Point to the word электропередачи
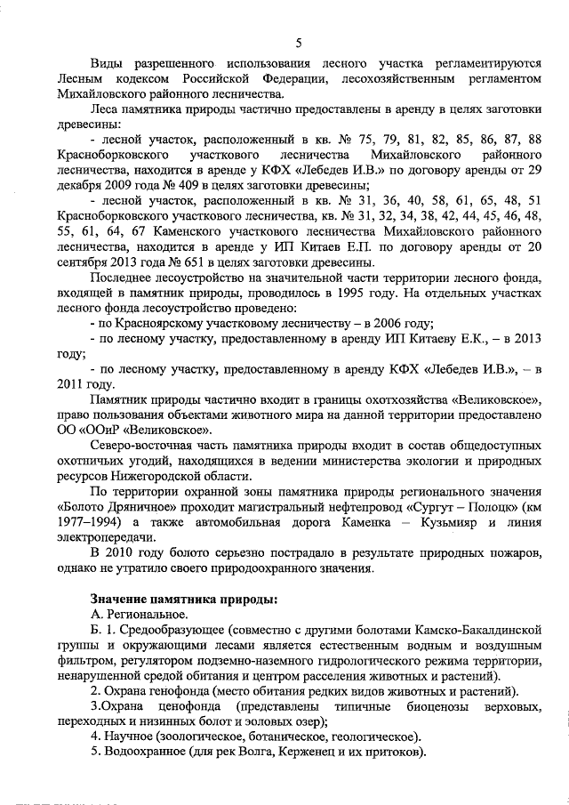(99, 536)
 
